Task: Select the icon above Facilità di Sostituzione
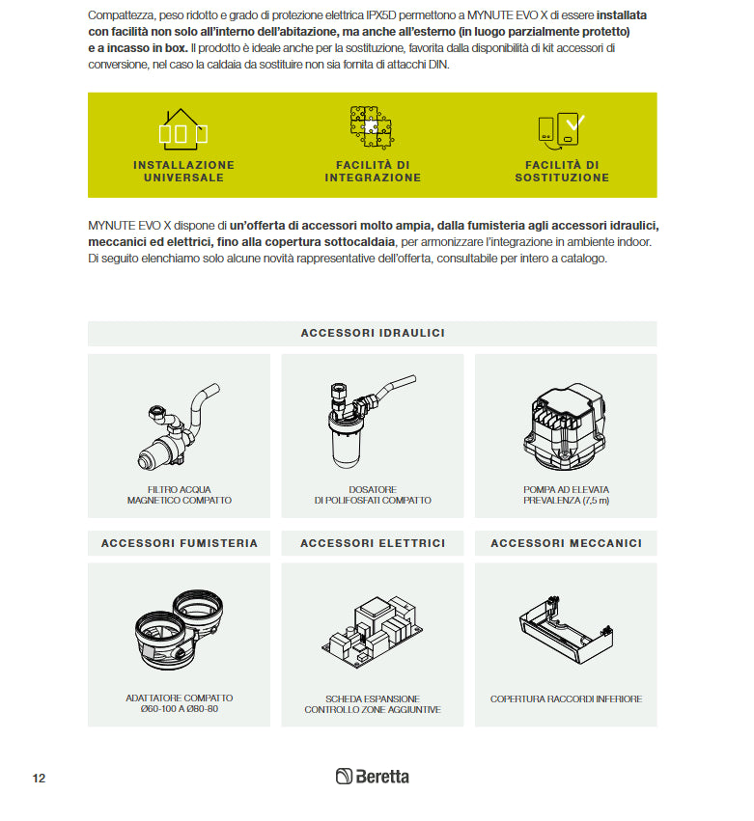[x=561, y=130]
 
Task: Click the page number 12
[x=39, y=778]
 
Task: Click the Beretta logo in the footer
[x=373, y=777]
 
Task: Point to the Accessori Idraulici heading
[x=373, y=333]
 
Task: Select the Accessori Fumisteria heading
[x=180, y=543]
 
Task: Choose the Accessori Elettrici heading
[x=373, y=543]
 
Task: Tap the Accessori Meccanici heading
[x=566, y=543]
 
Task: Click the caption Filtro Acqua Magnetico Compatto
[x=180, y=495]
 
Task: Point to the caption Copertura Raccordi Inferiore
[x=566, y=698]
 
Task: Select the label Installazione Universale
[x=183, y=172]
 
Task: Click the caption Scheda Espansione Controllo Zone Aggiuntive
[x=373, y=704]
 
